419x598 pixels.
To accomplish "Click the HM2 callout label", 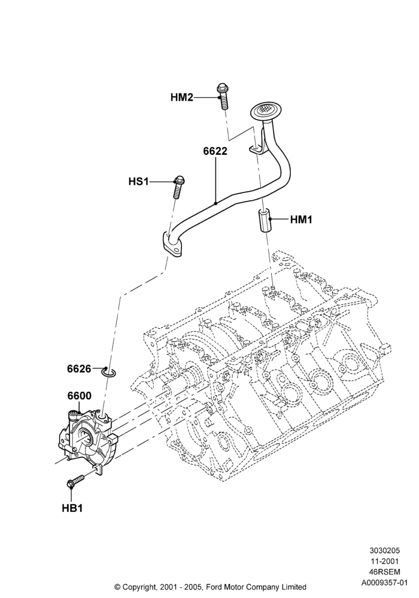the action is pyautogui.click(x=181, y=97).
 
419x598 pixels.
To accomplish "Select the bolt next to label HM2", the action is pyautogui.click(x=222, y=96).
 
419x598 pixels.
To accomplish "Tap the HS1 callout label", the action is pyautogui.click(x=138, y=182).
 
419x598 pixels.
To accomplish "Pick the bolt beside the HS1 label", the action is pyautogui.click(x=178, y=186).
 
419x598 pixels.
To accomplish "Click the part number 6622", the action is pyautogui.click(x=215, y=151).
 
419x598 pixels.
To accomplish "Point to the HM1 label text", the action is pyautogui.click(x=301, y=219).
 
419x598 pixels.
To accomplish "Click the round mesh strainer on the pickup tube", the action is pyautogui.click(x=264, y=111).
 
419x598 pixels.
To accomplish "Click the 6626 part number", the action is pyautogui.click(x=79, y=369).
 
